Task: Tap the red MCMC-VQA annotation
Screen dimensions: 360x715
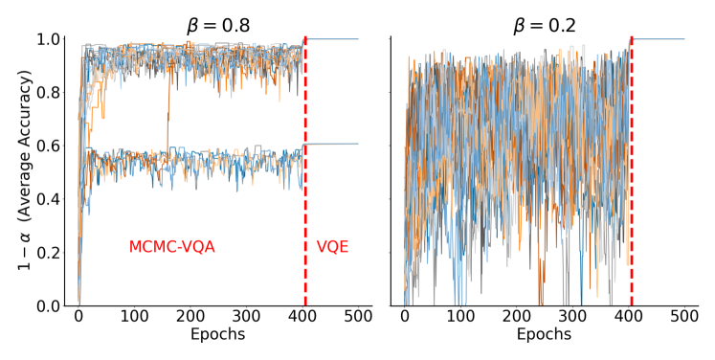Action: [x=172, y=247]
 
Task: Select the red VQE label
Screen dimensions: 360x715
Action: [x=332, y=247]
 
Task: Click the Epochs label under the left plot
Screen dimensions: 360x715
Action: [x=218, y=335]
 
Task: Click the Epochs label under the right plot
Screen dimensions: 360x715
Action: [x=545, y=335]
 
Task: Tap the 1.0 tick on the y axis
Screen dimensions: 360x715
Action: [x=49, y=39]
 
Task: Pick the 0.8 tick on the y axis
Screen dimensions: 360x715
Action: [x=49, y=93]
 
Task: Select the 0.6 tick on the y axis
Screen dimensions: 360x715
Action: [x=49, y=146]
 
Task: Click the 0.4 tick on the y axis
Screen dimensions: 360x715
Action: [x=49, y=199]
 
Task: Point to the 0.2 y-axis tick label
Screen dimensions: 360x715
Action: [x=49, y=253]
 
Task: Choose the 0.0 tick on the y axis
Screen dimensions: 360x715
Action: [x=49, y=306]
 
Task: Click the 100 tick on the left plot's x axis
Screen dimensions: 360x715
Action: [x=135, y=317]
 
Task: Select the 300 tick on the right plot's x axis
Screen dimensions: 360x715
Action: [x=573, y=317]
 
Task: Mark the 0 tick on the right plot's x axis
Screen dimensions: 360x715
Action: [x=405, y=317]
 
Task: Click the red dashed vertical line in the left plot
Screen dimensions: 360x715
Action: [x=304, y=191]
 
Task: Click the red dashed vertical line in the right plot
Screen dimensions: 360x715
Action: [x=632, y=191]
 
